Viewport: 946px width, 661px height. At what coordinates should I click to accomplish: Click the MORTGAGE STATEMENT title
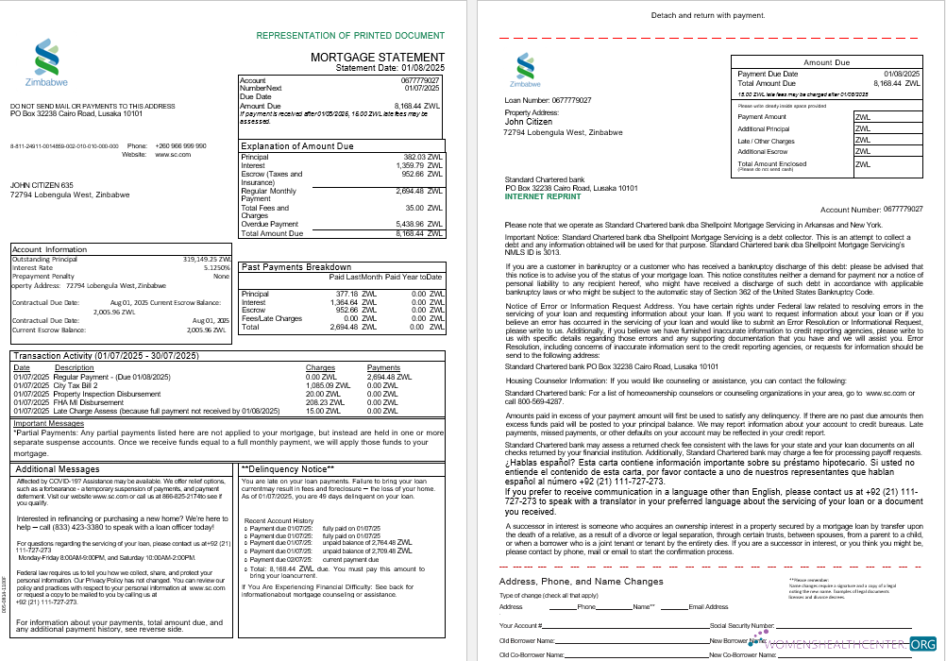click(377, 58)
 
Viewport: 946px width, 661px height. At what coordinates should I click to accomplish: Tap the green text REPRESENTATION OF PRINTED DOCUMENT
click(350, 36)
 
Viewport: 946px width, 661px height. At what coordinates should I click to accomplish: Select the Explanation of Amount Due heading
click(296, 146)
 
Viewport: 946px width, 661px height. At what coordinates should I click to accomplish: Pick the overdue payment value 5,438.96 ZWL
click(423, 225)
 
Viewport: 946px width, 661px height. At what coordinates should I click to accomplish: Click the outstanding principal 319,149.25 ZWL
click(206, 258)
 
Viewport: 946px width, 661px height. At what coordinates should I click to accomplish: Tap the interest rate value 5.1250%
click(215, 266)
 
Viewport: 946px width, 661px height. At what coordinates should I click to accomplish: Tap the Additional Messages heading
click(57, 468)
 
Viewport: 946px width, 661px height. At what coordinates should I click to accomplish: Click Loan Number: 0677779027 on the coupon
click(548, 99)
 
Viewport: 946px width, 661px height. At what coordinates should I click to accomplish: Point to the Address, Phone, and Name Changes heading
click(581, 581)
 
